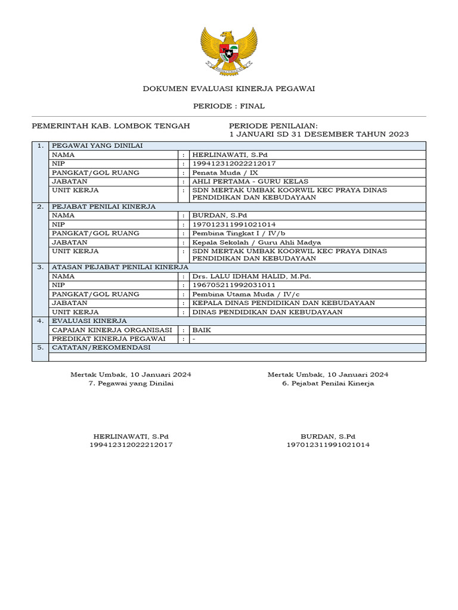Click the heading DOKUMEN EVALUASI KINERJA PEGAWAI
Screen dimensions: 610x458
[x=228, y=89]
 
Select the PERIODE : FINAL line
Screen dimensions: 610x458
[x=228, y=106]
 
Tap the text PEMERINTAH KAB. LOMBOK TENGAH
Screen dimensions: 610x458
[x=110, y=126]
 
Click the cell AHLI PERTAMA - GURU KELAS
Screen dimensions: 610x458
[x=250, y=181]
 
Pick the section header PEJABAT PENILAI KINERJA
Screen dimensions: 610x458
[x=104, y=207]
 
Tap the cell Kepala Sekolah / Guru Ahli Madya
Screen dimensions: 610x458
[x=256, y=242]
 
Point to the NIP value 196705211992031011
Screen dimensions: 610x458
[x=233, y=285]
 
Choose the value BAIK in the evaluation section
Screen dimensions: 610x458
[x=202, y=329]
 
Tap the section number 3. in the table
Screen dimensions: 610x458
[x=40, y=267]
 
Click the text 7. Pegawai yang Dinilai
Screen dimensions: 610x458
[x=131, y=384]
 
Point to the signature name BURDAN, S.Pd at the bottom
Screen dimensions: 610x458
[x=328, y=436]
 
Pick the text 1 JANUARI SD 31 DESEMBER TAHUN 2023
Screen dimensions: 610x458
[x=319, y=134]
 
